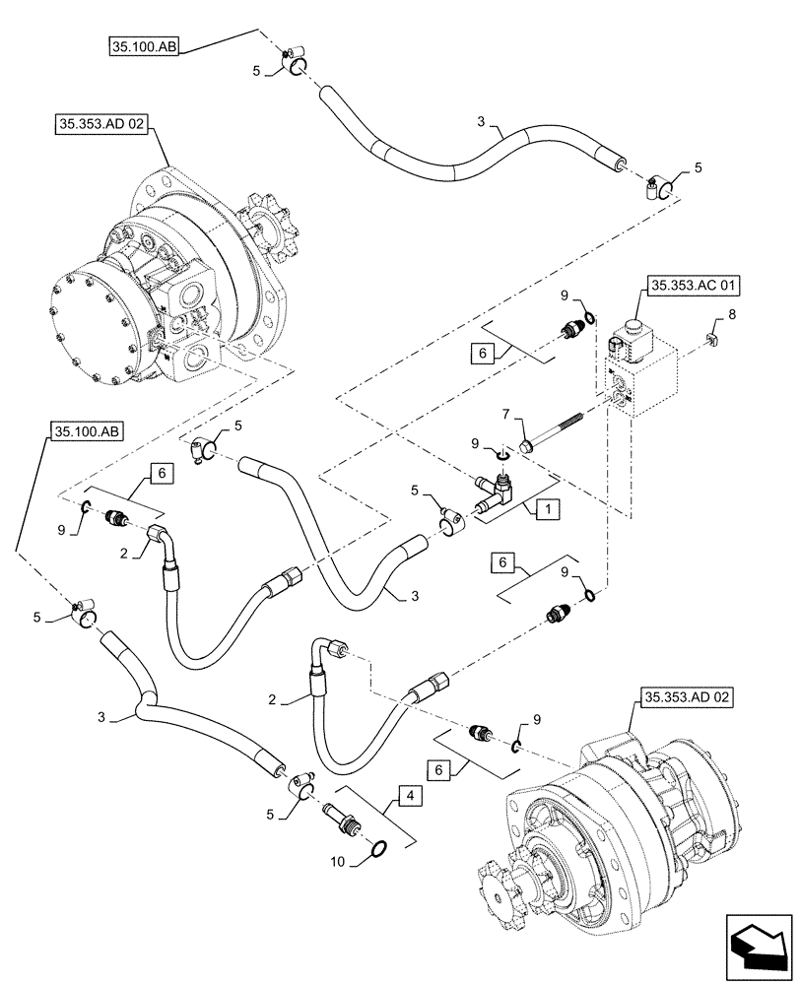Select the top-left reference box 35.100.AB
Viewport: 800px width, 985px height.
pos(142,45)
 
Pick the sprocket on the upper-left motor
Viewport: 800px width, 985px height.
pos(264,228)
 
